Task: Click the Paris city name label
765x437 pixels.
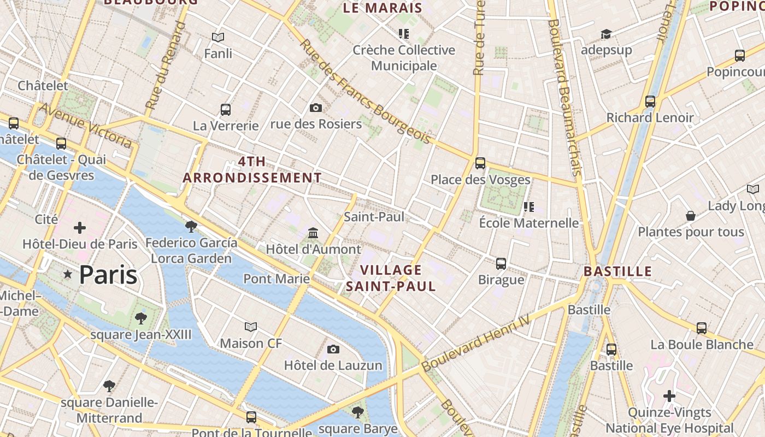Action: point(108,274)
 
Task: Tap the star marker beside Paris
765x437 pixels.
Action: point(68,274)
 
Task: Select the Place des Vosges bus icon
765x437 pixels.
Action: point(480,163)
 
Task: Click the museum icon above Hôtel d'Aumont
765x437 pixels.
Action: point(313,233)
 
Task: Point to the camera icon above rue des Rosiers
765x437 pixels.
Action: point(316,108)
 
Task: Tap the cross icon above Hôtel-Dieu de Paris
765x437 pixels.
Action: point(80,227)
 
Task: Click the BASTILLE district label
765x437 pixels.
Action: point(617,271)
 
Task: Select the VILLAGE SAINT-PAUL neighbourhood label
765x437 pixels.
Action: point(391,278)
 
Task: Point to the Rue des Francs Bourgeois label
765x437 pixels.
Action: point(365,91)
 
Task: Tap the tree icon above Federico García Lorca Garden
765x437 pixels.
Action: point(191,226)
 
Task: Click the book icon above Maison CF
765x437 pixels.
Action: point(251,327)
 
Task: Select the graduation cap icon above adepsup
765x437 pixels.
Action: point(606,34)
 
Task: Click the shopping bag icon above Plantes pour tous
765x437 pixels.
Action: point(691,216)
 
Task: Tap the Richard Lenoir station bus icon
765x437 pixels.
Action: point(650,101)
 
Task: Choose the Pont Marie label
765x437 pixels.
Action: point(276,279)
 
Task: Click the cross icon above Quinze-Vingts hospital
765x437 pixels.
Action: point(669,395)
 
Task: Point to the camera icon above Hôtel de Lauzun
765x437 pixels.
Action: point(333,349)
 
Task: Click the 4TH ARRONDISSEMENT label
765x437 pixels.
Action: point(252,169)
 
